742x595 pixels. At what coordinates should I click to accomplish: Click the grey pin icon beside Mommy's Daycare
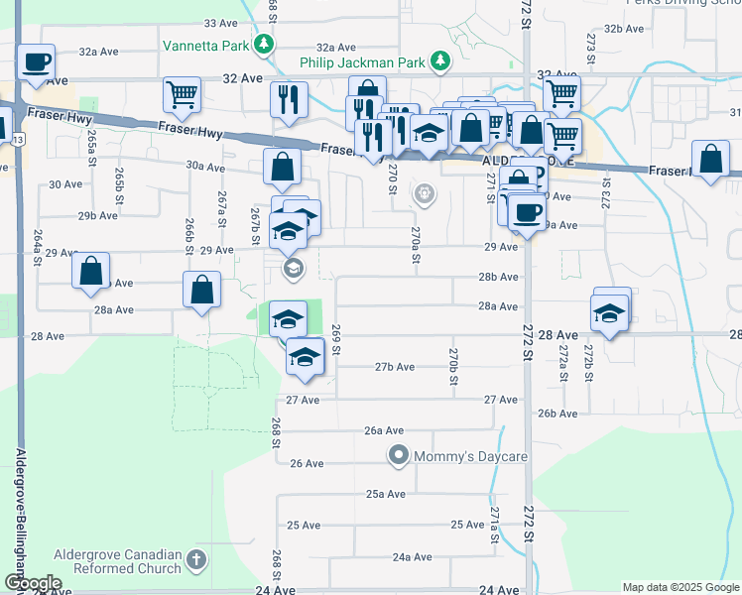[x=399, y=455]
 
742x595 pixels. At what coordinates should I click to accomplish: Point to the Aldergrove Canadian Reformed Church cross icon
[x=196, y=560]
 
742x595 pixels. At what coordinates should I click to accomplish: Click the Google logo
[x=32, y=583]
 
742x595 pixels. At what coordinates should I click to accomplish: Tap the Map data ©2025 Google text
[x=680, y=587]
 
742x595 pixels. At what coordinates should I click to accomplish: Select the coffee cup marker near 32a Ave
[x=37, y=62]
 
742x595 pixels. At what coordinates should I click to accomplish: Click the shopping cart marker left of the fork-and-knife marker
[x=183, y=96]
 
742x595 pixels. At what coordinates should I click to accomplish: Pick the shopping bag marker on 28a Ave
[x=201, y=292]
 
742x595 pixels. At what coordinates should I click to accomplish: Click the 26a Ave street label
[x=384, y=430]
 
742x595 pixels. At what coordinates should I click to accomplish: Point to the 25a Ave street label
[x=386, y=493]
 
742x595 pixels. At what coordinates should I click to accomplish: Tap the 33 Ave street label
[x=220, y=22]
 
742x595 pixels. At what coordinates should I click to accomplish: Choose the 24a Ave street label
[x=412, y=557]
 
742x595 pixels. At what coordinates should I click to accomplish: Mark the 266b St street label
[x=188, y=236]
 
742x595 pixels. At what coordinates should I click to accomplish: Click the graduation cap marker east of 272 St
[x=608, y=315]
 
